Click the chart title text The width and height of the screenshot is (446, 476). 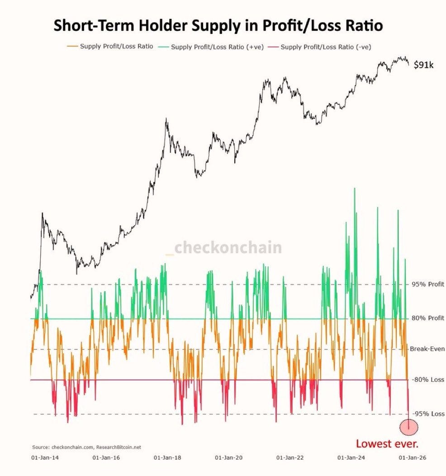pyautogui.click(x=218, y=25)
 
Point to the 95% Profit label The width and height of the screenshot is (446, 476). pyautogui.click(x=427, y=284)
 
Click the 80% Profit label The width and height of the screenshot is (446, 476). pyautogui.click(x=427, y=318)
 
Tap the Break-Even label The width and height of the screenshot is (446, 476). pyautogui.click(x=427, y=349)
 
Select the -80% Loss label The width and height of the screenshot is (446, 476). pyautogui.click(x=427, y=380)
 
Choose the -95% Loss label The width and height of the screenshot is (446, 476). pyautogui.click(x=427, y=414)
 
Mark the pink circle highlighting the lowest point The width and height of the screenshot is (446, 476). pyautogui.click(x=409, y=426)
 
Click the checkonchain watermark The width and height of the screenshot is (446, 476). pyautogui.click(x=224, y=248)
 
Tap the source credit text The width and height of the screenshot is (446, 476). pyautogui.click(x=86, y=447)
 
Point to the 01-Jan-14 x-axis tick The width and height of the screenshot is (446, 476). pyautogui.click(x=45, y=457)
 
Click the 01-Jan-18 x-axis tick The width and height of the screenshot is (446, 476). pyautogui.click(x=168, y=457)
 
